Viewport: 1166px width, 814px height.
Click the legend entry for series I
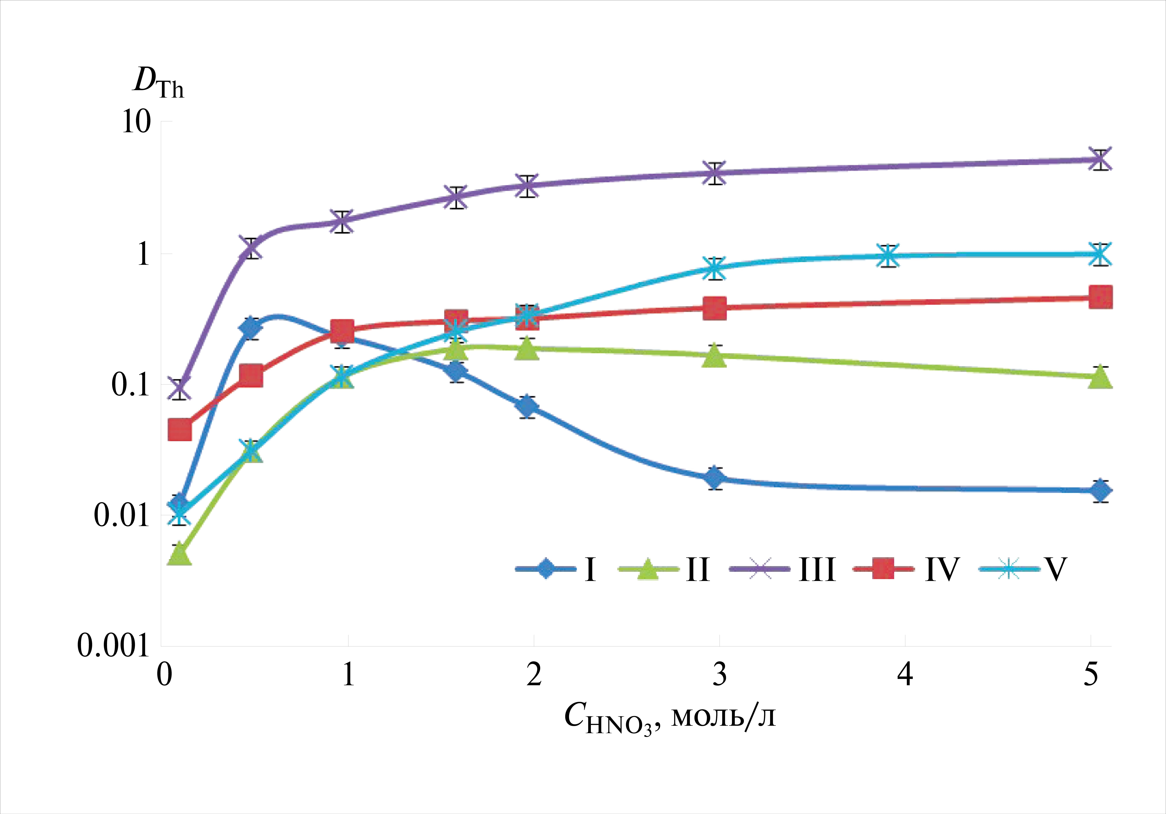(x=556, y=569)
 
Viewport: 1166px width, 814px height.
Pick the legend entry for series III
(x=782, y=569)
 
